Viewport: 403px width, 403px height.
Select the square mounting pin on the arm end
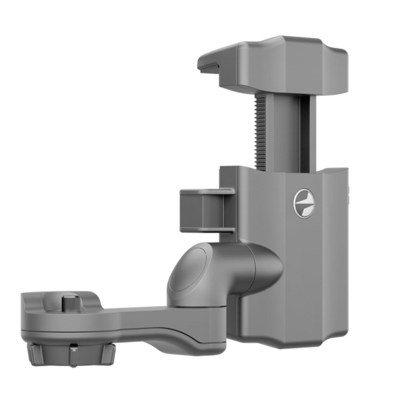(x=69, y=303)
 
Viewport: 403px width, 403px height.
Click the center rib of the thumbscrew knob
(x=73, y=356)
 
